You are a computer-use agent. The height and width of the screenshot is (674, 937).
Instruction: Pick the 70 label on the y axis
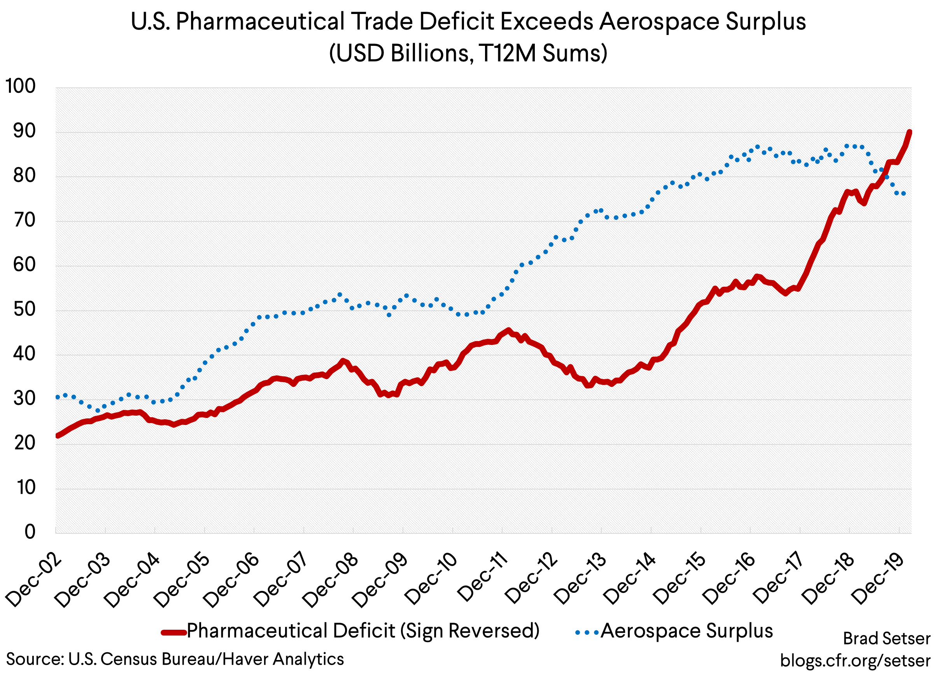(25, 220)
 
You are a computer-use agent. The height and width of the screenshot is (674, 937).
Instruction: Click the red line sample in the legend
(173, 632)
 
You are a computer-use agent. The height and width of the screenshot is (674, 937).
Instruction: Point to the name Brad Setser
(886, 639)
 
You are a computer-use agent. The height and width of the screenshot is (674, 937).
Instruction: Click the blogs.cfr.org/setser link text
(855, 660)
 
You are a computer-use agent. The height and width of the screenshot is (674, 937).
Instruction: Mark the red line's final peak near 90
(909, 132)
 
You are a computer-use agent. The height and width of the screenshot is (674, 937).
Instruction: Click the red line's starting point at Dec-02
(58, 435)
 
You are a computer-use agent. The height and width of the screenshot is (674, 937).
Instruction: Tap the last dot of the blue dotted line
(904, 193)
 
